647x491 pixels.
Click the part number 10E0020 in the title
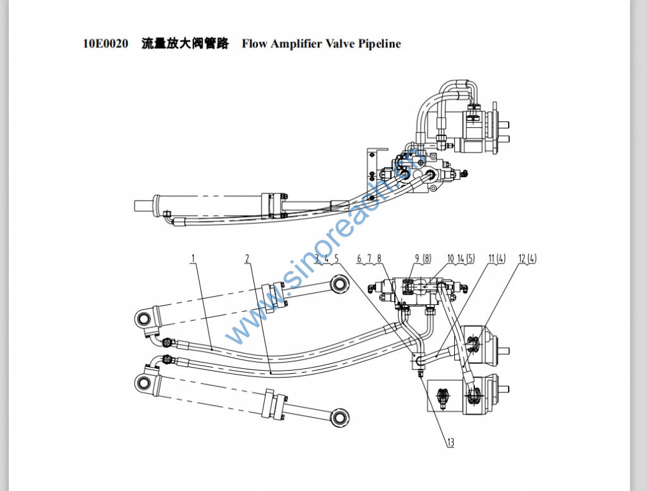[x=106, y=44]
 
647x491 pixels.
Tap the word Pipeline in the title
[x=379, y=44]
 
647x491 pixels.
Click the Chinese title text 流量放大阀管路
[x=184, y=44]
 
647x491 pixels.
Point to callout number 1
[x=193, y=258]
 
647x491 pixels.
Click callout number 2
[x=248, y=258]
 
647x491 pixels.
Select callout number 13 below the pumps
[x=450, y=443]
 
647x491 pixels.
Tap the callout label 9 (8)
[x=422, y=258]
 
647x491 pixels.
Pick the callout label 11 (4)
[x=497, y=258]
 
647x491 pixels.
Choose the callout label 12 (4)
[x=527, y=258]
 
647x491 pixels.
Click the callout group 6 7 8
[x=369, y=258]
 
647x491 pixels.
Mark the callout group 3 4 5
[x=327, y=258]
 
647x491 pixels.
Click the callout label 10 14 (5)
[x=461, y=258]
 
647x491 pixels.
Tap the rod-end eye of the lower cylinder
[x=341, y=416]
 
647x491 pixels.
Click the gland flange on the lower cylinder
[x=277, y=405]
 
